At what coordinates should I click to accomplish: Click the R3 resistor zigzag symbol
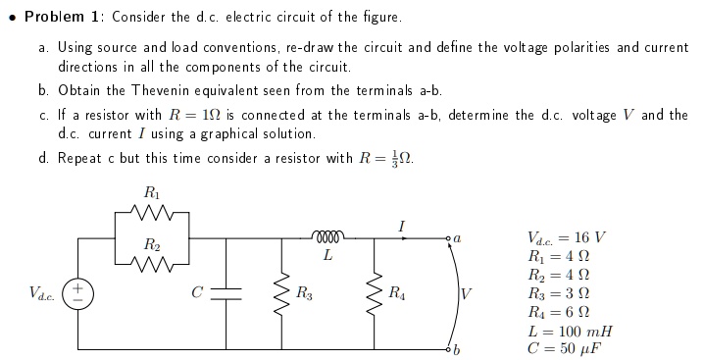tap(287, 292)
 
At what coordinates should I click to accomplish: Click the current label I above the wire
tap(403, 225)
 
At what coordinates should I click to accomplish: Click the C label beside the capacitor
tap(197, 291)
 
